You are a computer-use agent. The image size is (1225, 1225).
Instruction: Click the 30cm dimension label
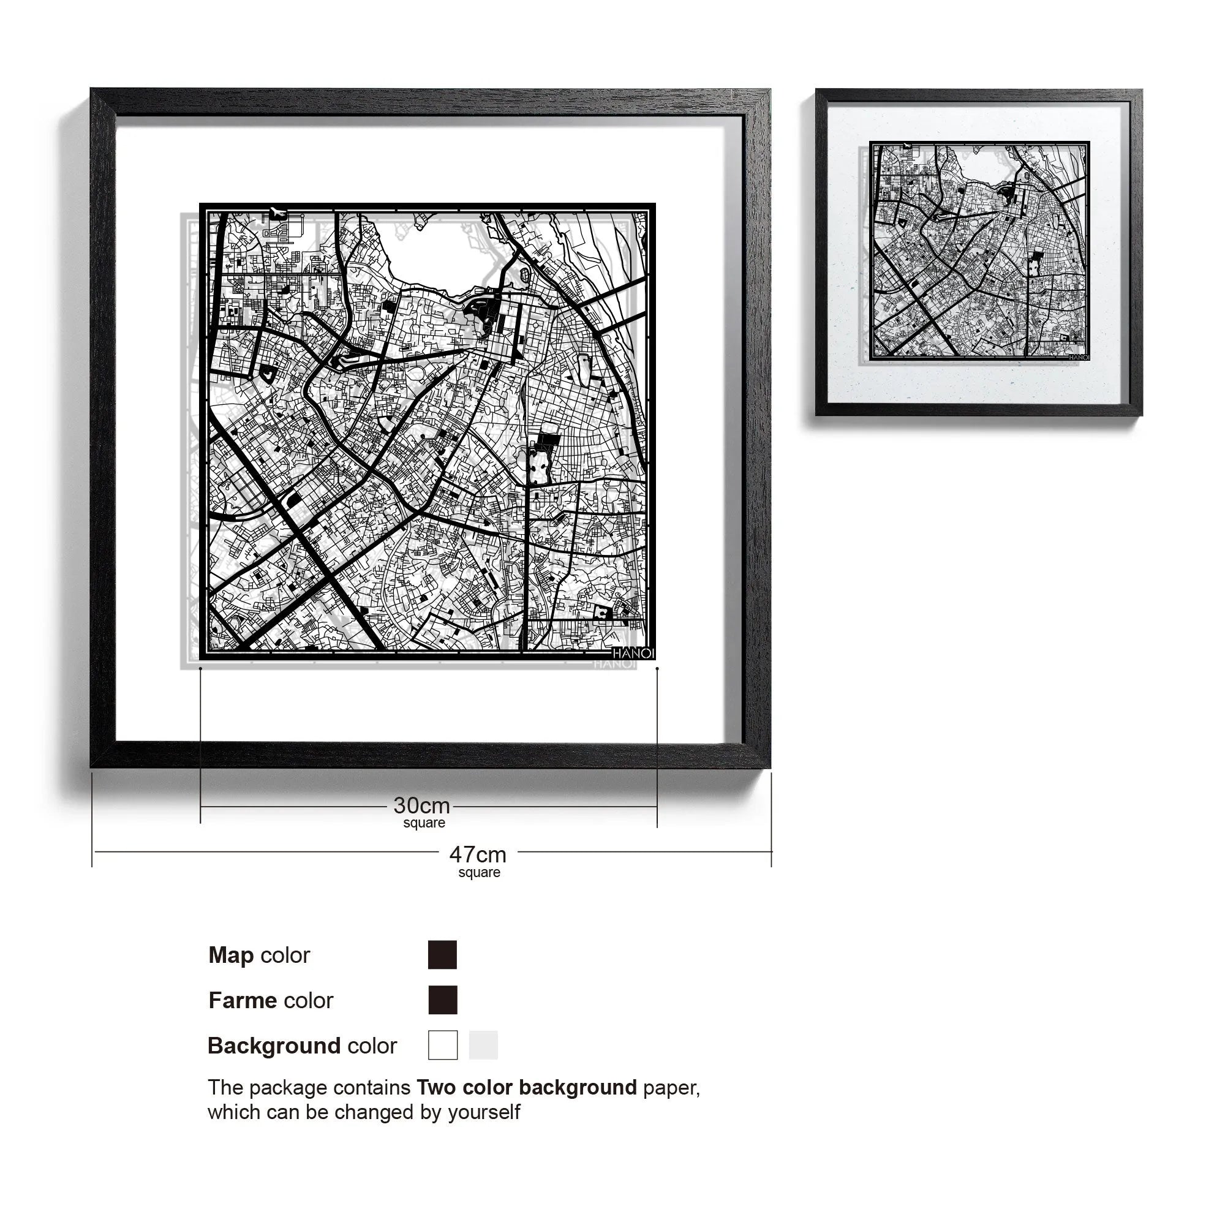point(421,806)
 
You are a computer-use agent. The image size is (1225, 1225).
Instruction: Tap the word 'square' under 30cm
point(424,823)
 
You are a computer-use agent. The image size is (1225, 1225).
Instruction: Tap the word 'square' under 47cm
point(480,872)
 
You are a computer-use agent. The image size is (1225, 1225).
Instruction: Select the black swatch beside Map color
point(443,955)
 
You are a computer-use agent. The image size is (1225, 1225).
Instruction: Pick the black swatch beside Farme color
point(443,1000)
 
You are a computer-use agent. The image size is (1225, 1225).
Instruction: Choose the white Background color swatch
point(443,1045)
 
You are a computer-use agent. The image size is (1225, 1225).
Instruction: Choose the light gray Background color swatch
point(483,1045)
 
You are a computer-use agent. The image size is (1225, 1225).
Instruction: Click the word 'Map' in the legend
point(231,955)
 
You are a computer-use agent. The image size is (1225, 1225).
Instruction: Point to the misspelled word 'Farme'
point(242,1001)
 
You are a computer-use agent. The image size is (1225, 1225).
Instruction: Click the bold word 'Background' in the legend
point(274,1046)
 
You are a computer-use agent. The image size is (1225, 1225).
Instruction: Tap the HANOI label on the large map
point(633,653)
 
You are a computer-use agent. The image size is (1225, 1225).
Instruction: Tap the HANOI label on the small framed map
point(1079,358)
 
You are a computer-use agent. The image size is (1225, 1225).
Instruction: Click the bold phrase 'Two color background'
point(526,1087)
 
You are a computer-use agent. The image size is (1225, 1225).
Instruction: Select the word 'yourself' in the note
point(484,1112)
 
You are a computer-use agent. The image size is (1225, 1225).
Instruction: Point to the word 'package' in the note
point(288,1088)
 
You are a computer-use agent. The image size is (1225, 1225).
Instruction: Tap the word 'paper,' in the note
point(671,1088)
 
